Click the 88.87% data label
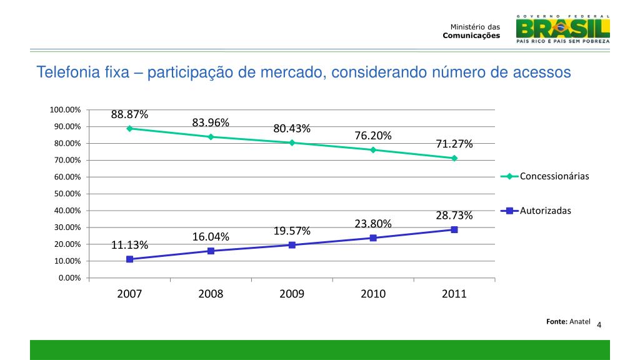tap(129, 114)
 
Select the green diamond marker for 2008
tap(211, 136)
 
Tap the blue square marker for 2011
tap(454, 229)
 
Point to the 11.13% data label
tap(129, 244)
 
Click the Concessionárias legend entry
tap(554, 176)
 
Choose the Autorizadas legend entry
tap(545, 211)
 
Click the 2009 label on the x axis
tap(292, 294)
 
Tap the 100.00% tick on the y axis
tap(66, 110)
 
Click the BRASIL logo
tap(562, 27)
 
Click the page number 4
tap(599, 325)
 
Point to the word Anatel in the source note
tap(580, 321)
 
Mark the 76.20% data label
tap(373, 136)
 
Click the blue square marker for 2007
tap(129, 259)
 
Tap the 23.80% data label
tap(373, 224)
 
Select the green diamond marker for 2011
tap(454, 158)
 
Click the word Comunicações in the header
tap(471, 36)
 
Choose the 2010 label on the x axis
tap(373, 294)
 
